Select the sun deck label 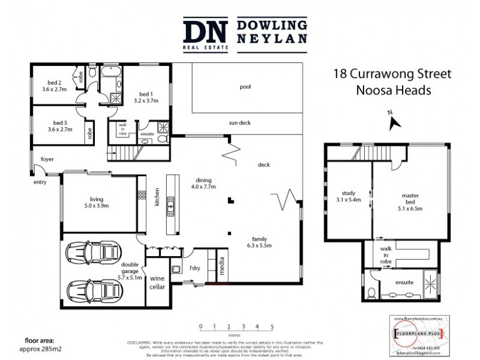(x=239, y=123)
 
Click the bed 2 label (x=55, y=82)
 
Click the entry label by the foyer (x=40, y=182)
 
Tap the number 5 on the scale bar (x=272, y=327)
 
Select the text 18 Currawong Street (x=392, y=75)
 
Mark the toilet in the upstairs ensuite (x=372, y=292)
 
